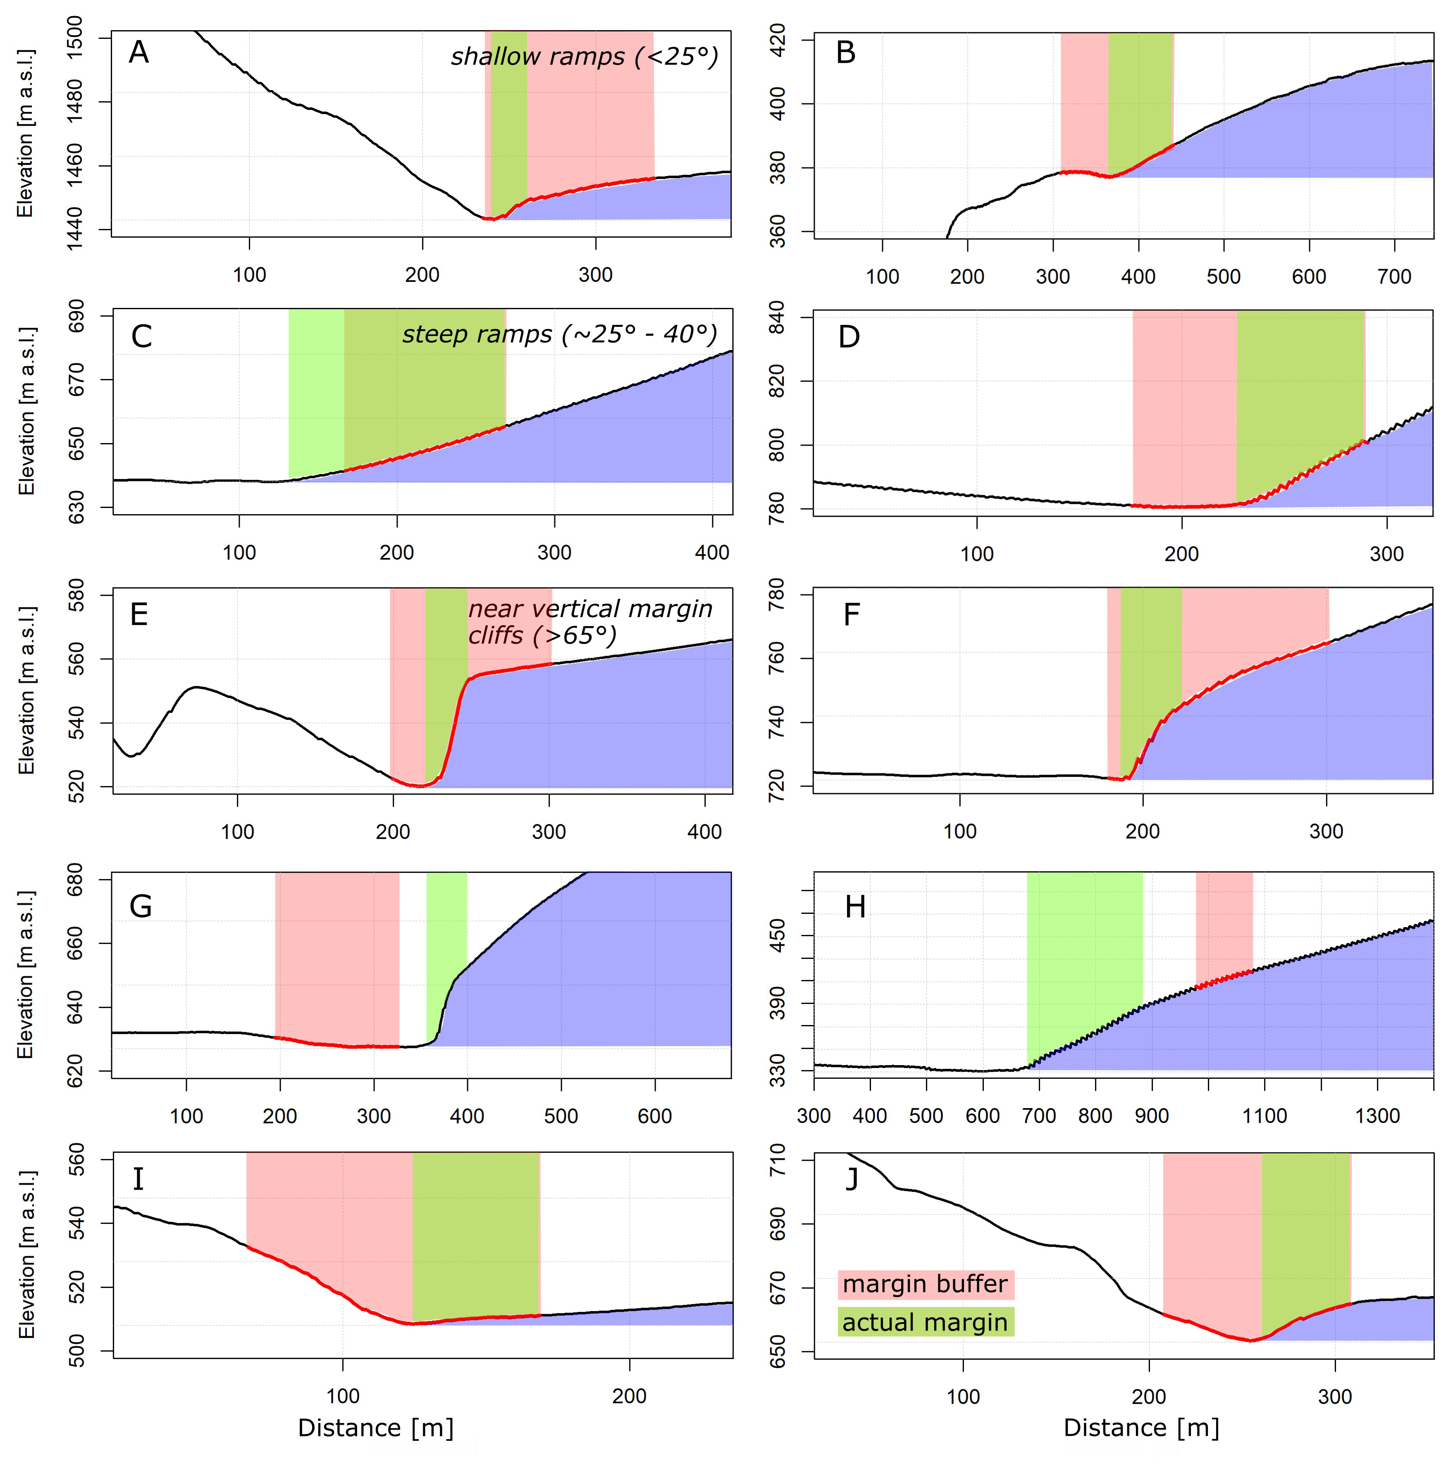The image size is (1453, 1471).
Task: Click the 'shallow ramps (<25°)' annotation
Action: tap(584, 56)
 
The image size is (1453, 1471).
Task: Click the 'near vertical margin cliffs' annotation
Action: tap(589, 622)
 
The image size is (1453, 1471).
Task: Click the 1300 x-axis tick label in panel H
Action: tap(1378, 1116)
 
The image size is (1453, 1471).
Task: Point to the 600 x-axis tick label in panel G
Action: tap(654, 1116)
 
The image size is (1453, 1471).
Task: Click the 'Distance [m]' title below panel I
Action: tap(375, 1428)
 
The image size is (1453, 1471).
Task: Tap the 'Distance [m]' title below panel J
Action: tap(1141, 1428)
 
